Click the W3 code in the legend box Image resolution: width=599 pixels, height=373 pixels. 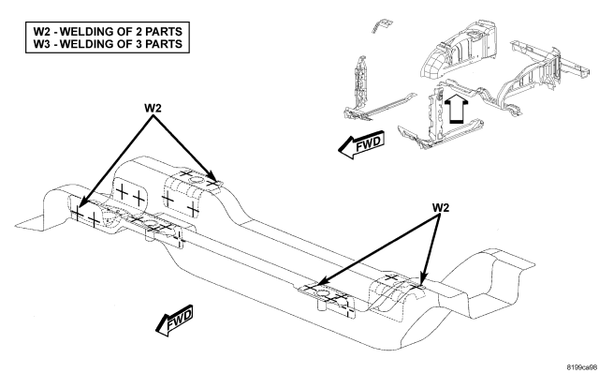click(41, 44)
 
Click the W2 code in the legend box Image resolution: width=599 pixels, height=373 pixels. click(41, 31)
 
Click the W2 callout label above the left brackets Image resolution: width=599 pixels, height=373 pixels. click(153, 109)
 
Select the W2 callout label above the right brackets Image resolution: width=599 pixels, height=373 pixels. click(441, 208)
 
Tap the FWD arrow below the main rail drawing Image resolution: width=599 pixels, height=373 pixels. click(174, 320)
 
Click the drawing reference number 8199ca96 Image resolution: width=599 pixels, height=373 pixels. click(582, 366)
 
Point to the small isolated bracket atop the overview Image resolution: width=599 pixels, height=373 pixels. click(382, 25)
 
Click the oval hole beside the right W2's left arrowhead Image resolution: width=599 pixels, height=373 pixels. click(322, 294)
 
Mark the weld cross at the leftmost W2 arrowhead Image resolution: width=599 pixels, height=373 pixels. click(77, 213)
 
